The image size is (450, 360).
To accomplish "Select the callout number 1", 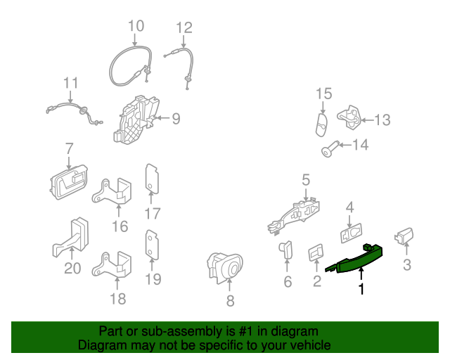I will point(361,289).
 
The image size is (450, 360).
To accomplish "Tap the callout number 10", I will point(136,27).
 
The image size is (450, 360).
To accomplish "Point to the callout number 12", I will point(184,27).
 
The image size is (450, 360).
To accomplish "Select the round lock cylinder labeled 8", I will point(226,266).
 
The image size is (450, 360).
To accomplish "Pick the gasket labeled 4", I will point(350,233).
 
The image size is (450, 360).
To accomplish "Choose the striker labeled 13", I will point(352,116).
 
